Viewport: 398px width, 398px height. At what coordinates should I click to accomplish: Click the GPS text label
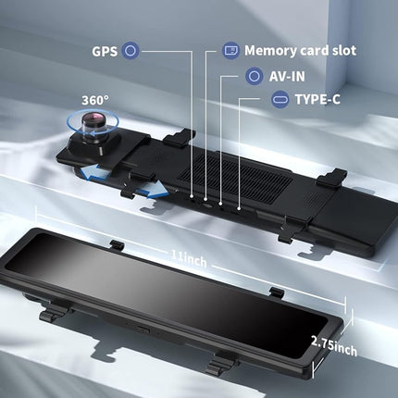pos(105,51)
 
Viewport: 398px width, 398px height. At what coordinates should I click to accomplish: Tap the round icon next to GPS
pos(131,51)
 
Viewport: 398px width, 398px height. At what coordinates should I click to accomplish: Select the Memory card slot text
pos(300,51)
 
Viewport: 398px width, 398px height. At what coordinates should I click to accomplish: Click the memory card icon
pos(230,50)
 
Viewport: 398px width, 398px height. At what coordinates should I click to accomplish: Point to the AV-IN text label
pos(287,76)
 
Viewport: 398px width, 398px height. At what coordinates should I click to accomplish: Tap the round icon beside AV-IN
pos(254,76)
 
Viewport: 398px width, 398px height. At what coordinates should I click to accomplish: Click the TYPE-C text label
pos(317,99)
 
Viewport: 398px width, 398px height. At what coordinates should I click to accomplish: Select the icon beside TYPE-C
pos(280,99)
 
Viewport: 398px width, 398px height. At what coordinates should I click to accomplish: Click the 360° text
pos(95,101)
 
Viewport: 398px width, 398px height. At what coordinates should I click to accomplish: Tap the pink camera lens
pos(93,119)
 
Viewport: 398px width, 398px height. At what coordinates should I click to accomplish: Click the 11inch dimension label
pos(189,258)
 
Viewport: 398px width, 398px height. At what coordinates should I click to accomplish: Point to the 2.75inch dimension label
pos(334,346)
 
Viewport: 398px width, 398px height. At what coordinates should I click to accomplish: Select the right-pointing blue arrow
pos(153,189)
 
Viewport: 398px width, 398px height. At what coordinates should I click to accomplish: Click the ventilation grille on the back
pos(236,178)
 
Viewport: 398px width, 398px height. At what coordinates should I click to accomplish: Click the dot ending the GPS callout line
pos(192,196)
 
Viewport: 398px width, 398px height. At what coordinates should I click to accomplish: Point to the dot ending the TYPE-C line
pos(239,208)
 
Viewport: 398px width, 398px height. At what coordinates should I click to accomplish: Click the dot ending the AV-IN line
pos(220,204)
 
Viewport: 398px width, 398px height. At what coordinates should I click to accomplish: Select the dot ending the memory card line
pos(206,199)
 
